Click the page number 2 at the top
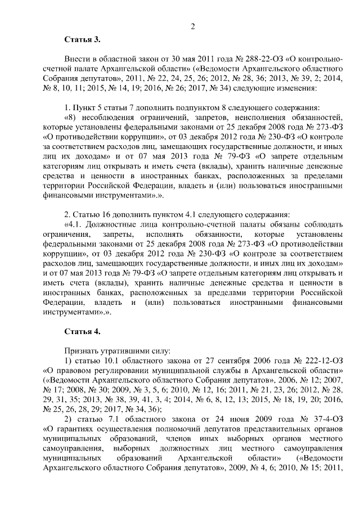coord(192,26)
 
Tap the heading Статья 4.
coord(82,330)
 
